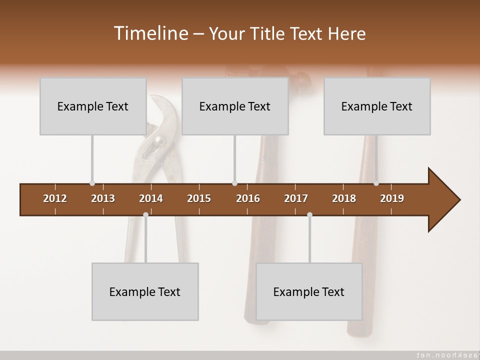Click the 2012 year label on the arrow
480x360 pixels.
(x=55, y=198)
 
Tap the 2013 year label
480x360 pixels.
(x=103, y=198)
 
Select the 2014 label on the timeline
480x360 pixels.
(x=151, y=198)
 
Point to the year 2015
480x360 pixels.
(x=199, y=198)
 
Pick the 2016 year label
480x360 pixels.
(x=248, y=198)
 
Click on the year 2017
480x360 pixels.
(x=296, y=198)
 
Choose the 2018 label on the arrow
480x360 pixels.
(x=344, y=198)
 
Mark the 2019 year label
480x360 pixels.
(x=392, y=198)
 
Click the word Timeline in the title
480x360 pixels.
(x=150, y=33)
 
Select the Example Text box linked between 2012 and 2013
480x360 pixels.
(x=93, y=106)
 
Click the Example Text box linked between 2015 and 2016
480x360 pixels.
(x=235, y=106)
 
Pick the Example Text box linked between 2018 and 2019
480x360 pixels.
(x=377, y=106)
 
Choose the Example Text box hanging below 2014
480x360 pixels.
(x=145, y=291)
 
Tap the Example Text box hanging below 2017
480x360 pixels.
(x=309, y=291)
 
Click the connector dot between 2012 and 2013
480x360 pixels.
(x=92, y=183)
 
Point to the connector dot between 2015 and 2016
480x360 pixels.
(x=234, y=183)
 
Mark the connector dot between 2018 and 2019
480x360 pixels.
(x=376, y=183)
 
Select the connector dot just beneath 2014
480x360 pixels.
(x=145, y=215)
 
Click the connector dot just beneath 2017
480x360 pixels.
(x=309, y=215)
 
